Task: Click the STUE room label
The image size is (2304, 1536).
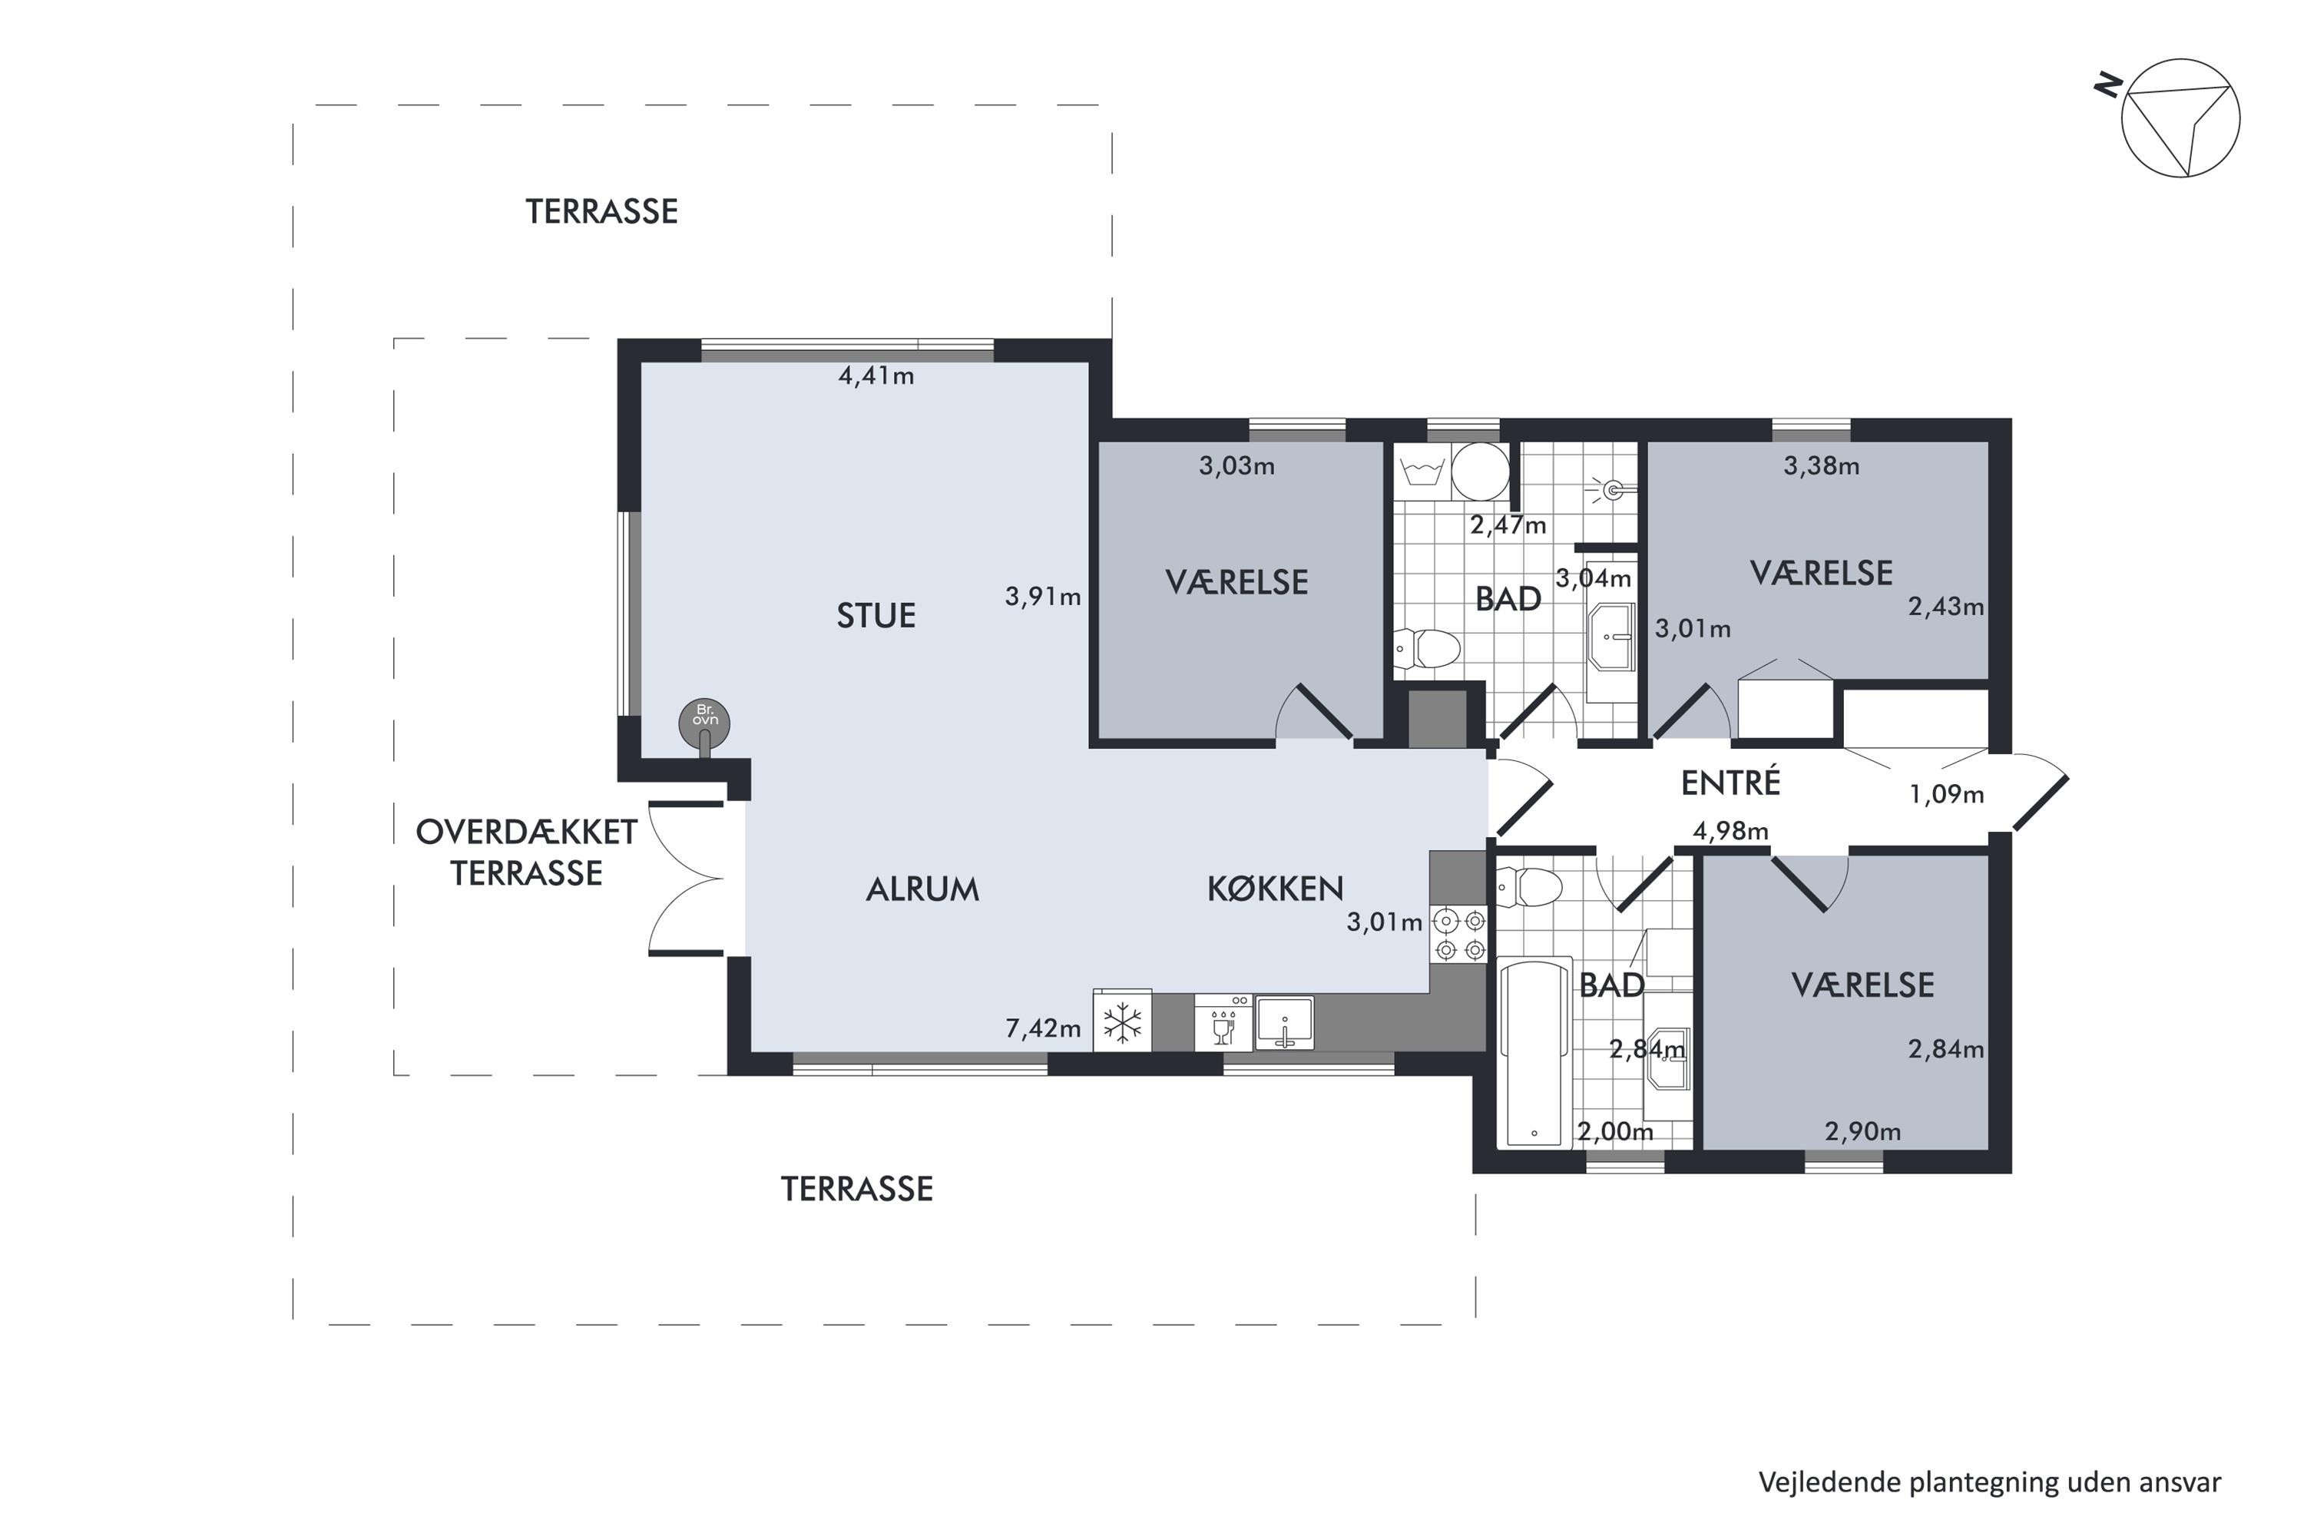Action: point(876,615)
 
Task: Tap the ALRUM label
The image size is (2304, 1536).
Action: point(923,889)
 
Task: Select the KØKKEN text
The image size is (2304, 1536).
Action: point(1274,888)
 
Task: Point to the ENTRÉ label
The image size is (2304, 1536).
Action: point(1730,781)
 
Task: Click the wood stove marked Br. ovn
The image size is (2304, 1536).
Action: point(704,724)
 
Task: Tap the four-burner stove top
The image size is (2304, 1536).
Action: point(1458,935)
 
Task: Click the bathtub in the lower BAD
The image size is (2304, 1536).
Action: point(1535,1051)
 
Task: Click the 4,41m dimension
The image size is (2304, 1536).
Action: point(876,376)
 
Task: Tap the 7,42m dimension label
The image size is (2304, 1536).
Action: point(1043,1028)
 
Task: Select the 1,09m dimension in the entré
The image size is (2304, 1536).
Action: point(1946,794)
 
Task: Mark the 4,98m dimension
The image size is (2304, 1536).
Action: point(1731,832)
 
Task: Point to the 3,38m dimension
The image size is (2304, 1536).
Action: point(1821,466)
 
